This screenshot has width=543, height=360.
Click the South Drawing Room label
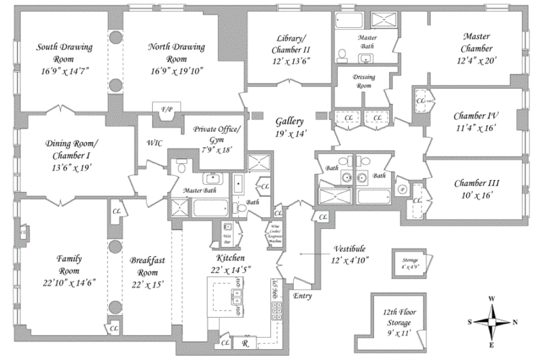(64, 52)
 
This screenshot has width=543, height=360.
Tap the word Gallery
(289, 121)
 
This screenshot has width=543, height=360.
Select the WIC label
(154, 143)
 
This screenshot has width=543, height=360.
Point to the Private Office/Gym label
(217, 133)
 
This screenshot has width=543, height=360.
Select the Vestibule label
(349, 249)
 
